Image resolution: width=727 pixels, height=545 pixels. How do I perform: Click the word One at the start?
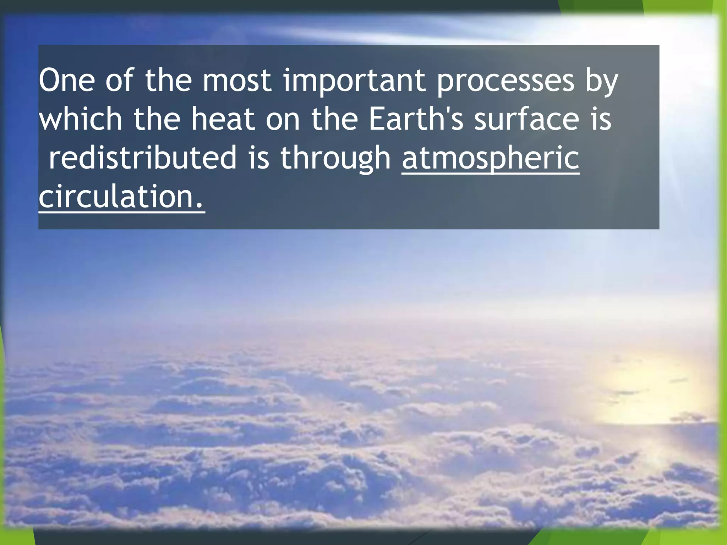67,81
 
